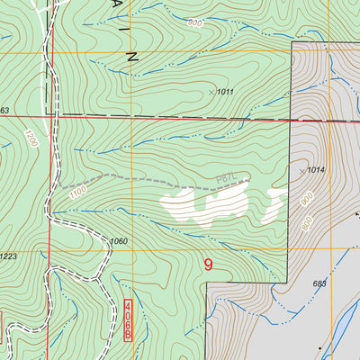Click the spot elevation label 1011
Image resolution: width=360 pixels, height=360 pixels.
pyautogui.click(x=224, y=92)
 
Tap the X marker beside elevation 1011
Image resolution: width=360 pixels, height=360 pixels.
pyautogui.click(x=211, y=92)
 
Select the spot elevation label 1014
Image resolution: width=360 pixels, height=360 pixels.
pyautogui.click(x=314, y=170)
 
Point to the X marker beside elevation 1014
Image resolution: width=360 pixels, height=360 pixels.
pyautogui.click(x=301, y=170)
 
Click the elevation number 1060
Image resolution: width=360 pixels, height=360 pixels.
pyautogui.click(x=119, y=241)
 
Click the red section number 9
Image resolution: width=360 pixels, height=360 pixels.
pyautogui.click(x=209, y=265)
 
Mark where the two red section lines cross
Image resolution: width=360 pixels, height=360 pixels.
pyautogui.click(x=50, y=115)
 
